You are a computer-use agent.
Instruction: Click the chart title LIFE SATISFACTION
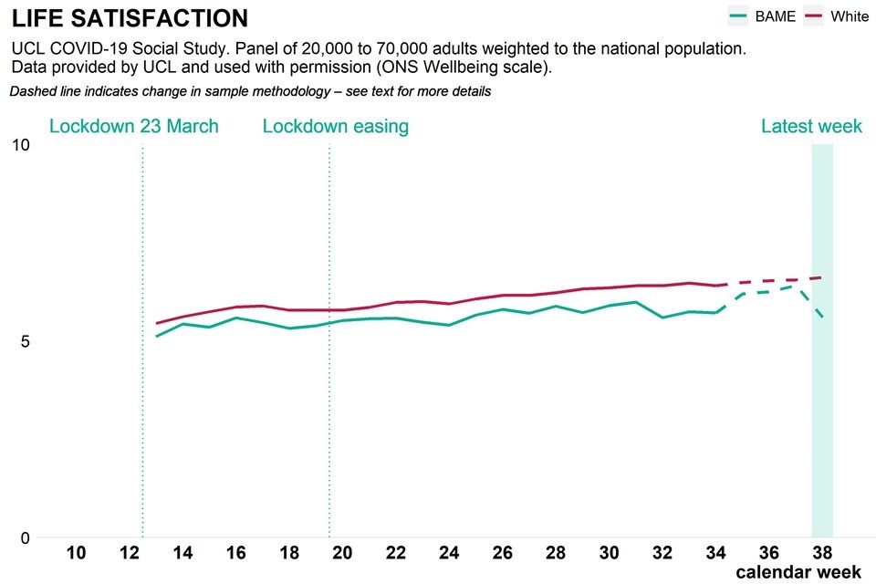130,18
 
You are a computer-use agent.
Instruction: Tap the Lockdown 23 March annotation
134,126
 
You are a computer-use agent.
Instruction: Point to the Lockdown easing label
335,126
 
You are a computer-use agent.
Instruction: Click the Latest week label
811,126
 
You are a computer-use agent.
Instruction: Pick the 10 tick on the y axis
21,145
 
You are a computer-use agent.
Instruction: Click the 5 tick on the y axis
26,341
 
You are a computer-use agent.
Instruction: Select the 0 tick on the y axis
26,537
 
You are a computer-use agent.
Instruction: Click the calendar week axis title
798,572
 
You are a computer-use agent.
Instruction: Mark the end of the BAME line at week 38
822,317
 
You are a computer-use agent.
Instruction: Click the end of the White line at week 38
822,277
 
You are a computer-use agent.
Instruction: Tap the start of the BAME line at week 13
157,337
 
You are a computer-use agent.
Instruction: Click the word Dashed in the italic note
32,91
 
